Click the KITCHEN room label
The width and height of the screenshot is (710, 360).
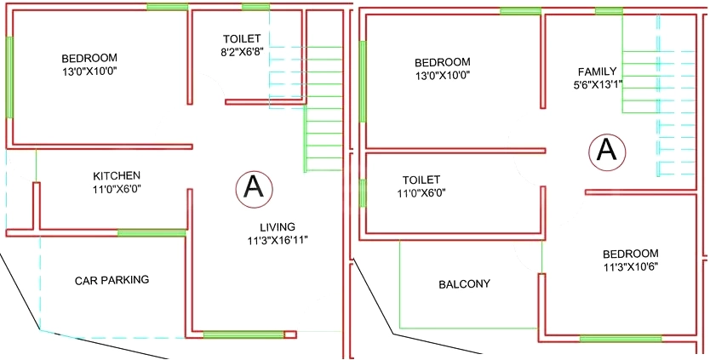pos(117,175)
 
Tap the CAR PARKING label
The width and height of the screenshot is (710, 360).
pos(112,280)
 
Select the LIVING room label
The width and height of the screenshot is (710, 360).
pos(278,227)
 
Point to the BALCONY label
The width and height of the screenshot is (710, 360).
pos(465,284)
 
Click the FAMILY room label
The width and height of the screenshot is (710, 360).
pos(598,71)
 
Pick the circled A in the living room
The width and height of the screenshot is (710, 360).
pos(254,189)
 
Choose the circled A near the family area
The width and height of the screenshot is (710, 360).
pos(607,151)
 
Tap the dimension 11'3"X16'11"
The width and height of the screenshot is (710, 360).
pos(278,240)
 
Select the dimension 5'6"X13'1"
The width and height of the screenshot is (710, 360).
pos(598,84)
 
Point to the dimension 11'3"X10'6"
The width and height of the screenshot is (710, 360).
pos(631,266)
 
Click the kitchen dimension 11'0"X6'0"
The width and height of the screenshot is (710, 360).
pos(117,189)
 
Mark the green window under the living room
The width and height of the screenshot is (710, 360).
pos(243,334)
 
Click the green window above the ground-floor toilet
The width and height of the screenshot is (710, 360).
pos(256,7)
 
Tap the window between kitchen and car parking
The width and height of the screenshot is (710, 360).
pos(152,232)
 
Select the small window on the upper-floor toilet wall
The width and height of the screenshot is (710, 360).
pos(363,193)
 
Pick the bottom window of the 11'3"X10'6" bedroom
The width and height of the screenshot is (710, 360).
pos(621,339)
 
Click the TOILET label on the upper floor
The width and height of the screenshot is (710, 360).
pos(421,180)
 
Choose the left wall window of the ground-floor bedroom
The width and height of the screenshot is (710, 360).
pos(9,77)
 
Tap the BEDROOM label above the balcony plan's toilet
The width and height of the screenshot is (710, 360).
pos(443,61)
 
